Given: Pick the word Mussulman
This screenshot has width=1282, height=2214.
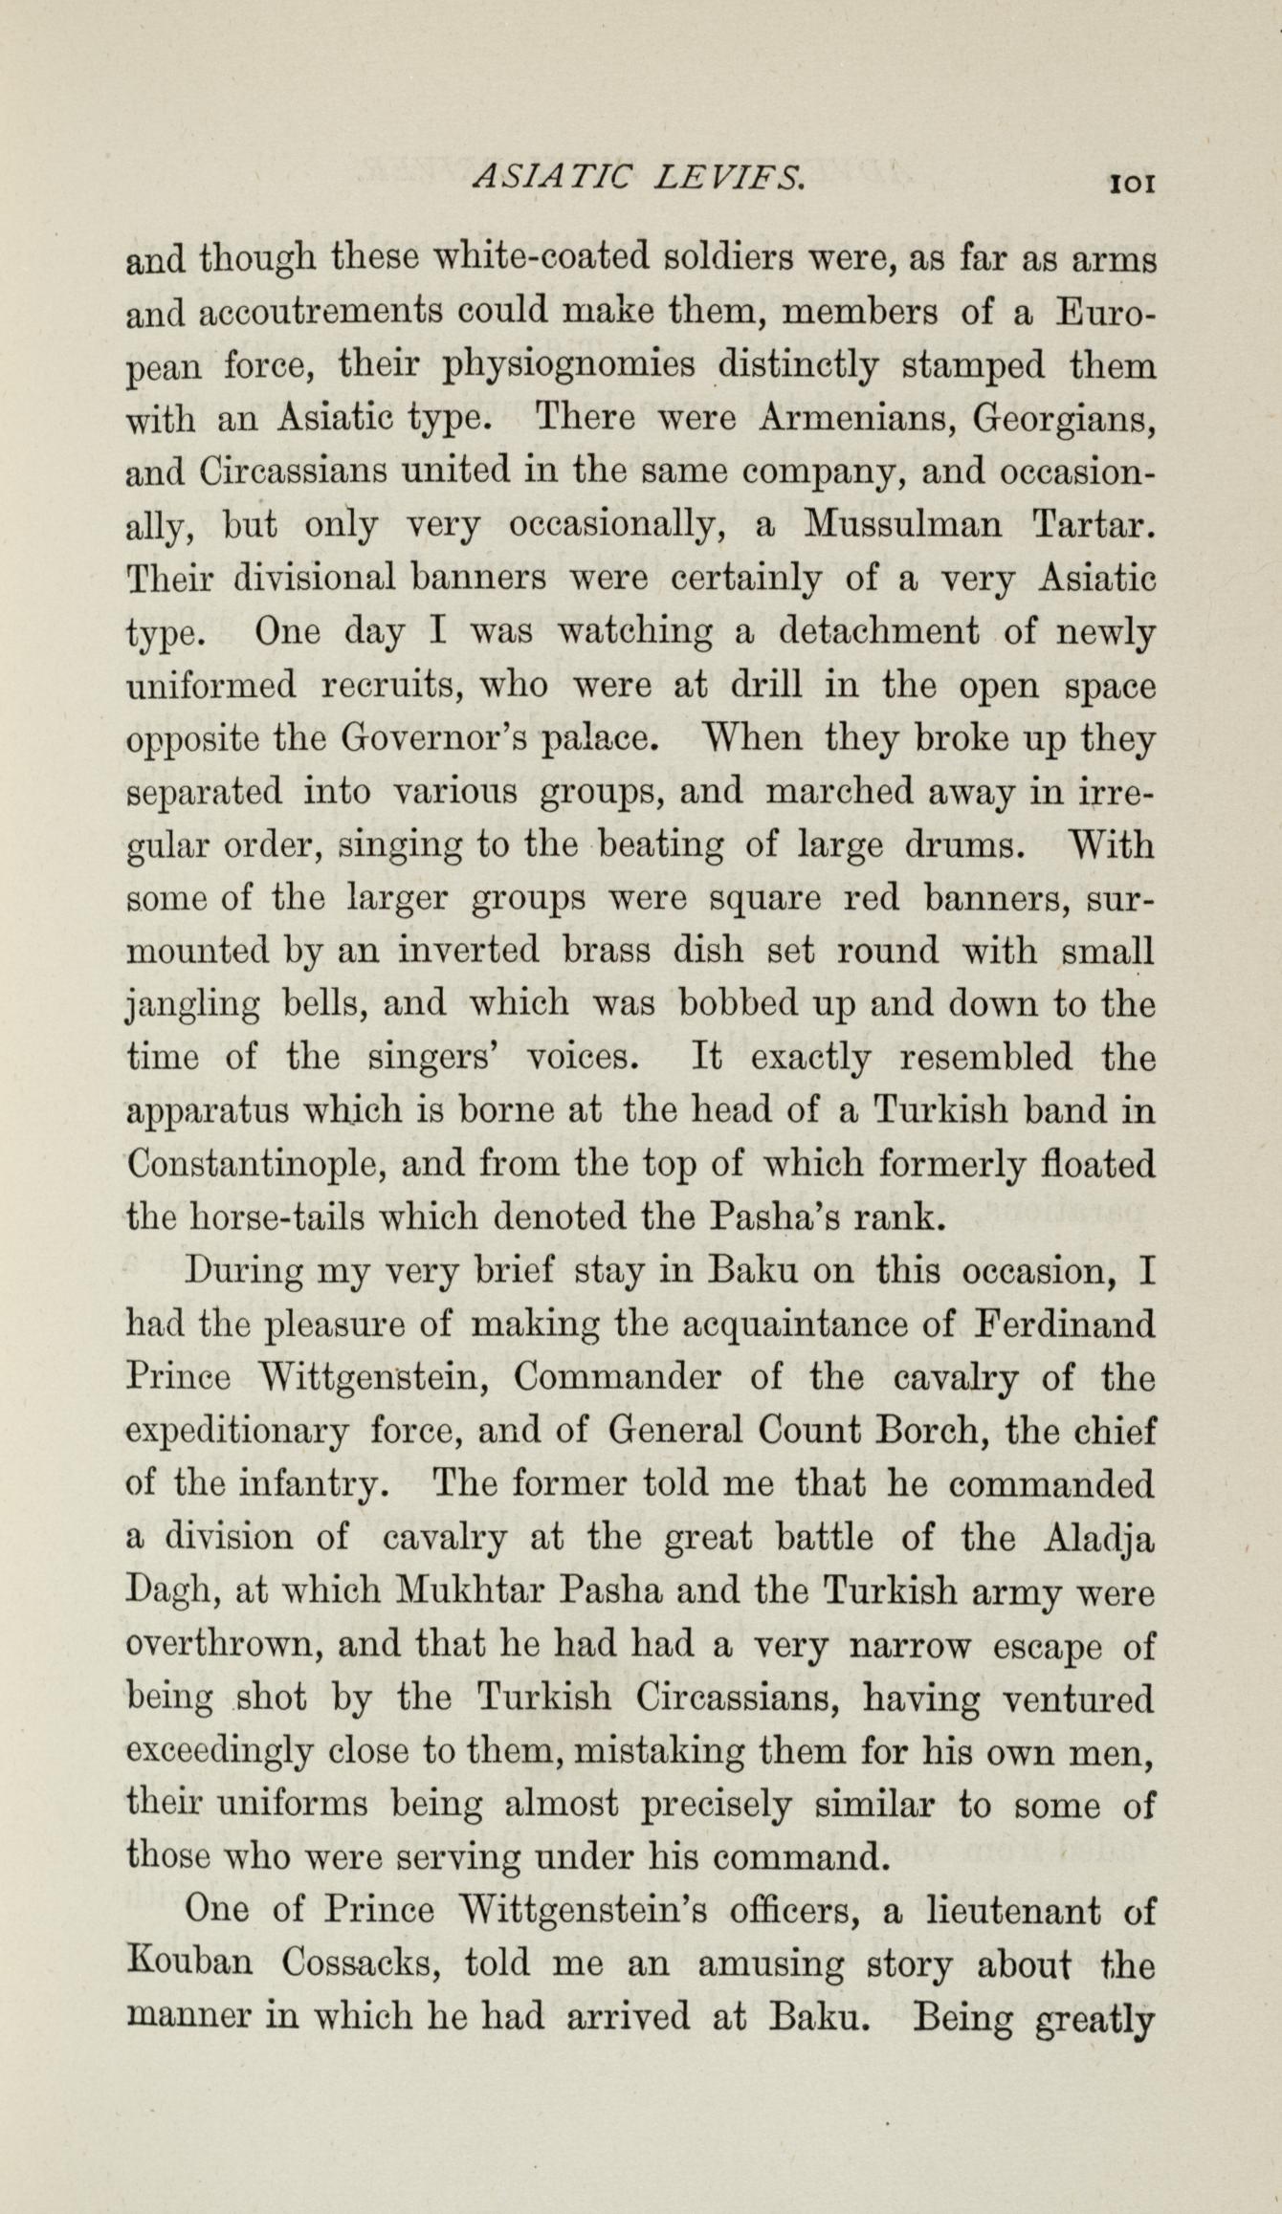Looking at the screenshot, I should coord(902,524).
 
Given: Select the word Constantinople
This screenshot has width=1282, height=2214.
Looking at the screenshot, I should coord(254,1165).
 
